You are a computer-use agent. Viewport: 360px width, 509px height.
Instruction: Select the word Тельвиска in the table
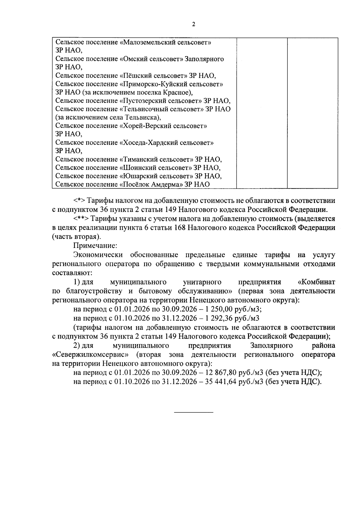coord(141,118)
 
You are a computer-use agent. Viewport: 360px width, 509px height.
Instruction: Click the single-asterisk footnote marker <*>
coord(79,201)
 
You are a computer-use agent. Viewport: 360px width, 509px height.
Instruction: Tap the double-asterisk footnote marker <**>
coord(81,219)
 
